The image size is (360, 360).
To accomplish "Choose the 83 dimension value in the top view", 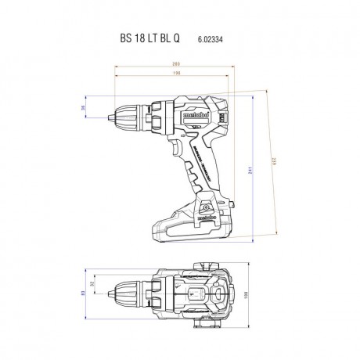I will (x=82, y=293).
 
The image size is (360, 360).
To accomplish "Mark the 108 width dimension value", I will (x=246, y=295).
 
